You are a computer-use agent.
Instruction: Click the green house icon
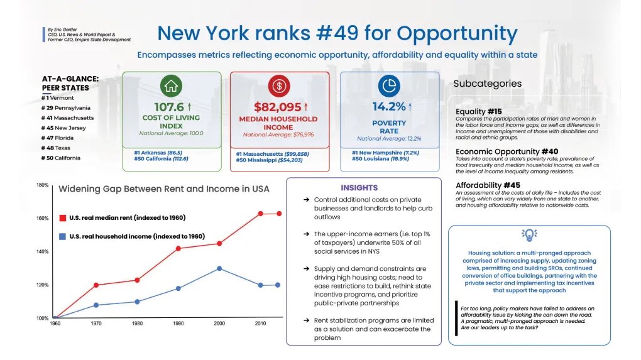click(x=172, y=85)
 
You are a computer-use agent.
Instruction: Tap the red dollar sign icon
click(x=278, y=86)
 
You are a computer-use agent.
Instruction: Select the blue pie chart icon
click(x=389, y=86)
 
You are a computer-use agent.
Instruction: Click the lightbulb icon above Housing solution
click(x=529, y=236)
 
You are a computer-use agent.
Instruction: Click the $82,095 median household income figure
click(x=277, y=107)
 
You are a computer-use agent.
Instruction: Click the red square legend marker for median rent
click(x=62, y=217)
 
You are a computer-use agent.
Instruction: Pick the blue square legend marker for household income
click(x=62, y=236)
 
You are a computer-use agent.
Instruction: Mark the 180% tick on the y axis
click(x=42, y=185)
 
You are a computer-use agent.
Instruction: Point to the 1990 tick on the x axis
click(x=178, y=322)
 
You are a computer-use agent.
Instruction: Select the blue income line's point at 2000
click(x=219, y=268)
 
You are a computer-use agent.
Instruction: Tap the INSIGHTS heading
click(x=359, y=187)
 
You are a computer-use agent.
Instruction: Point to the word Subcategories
click(x=487, y=84)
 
